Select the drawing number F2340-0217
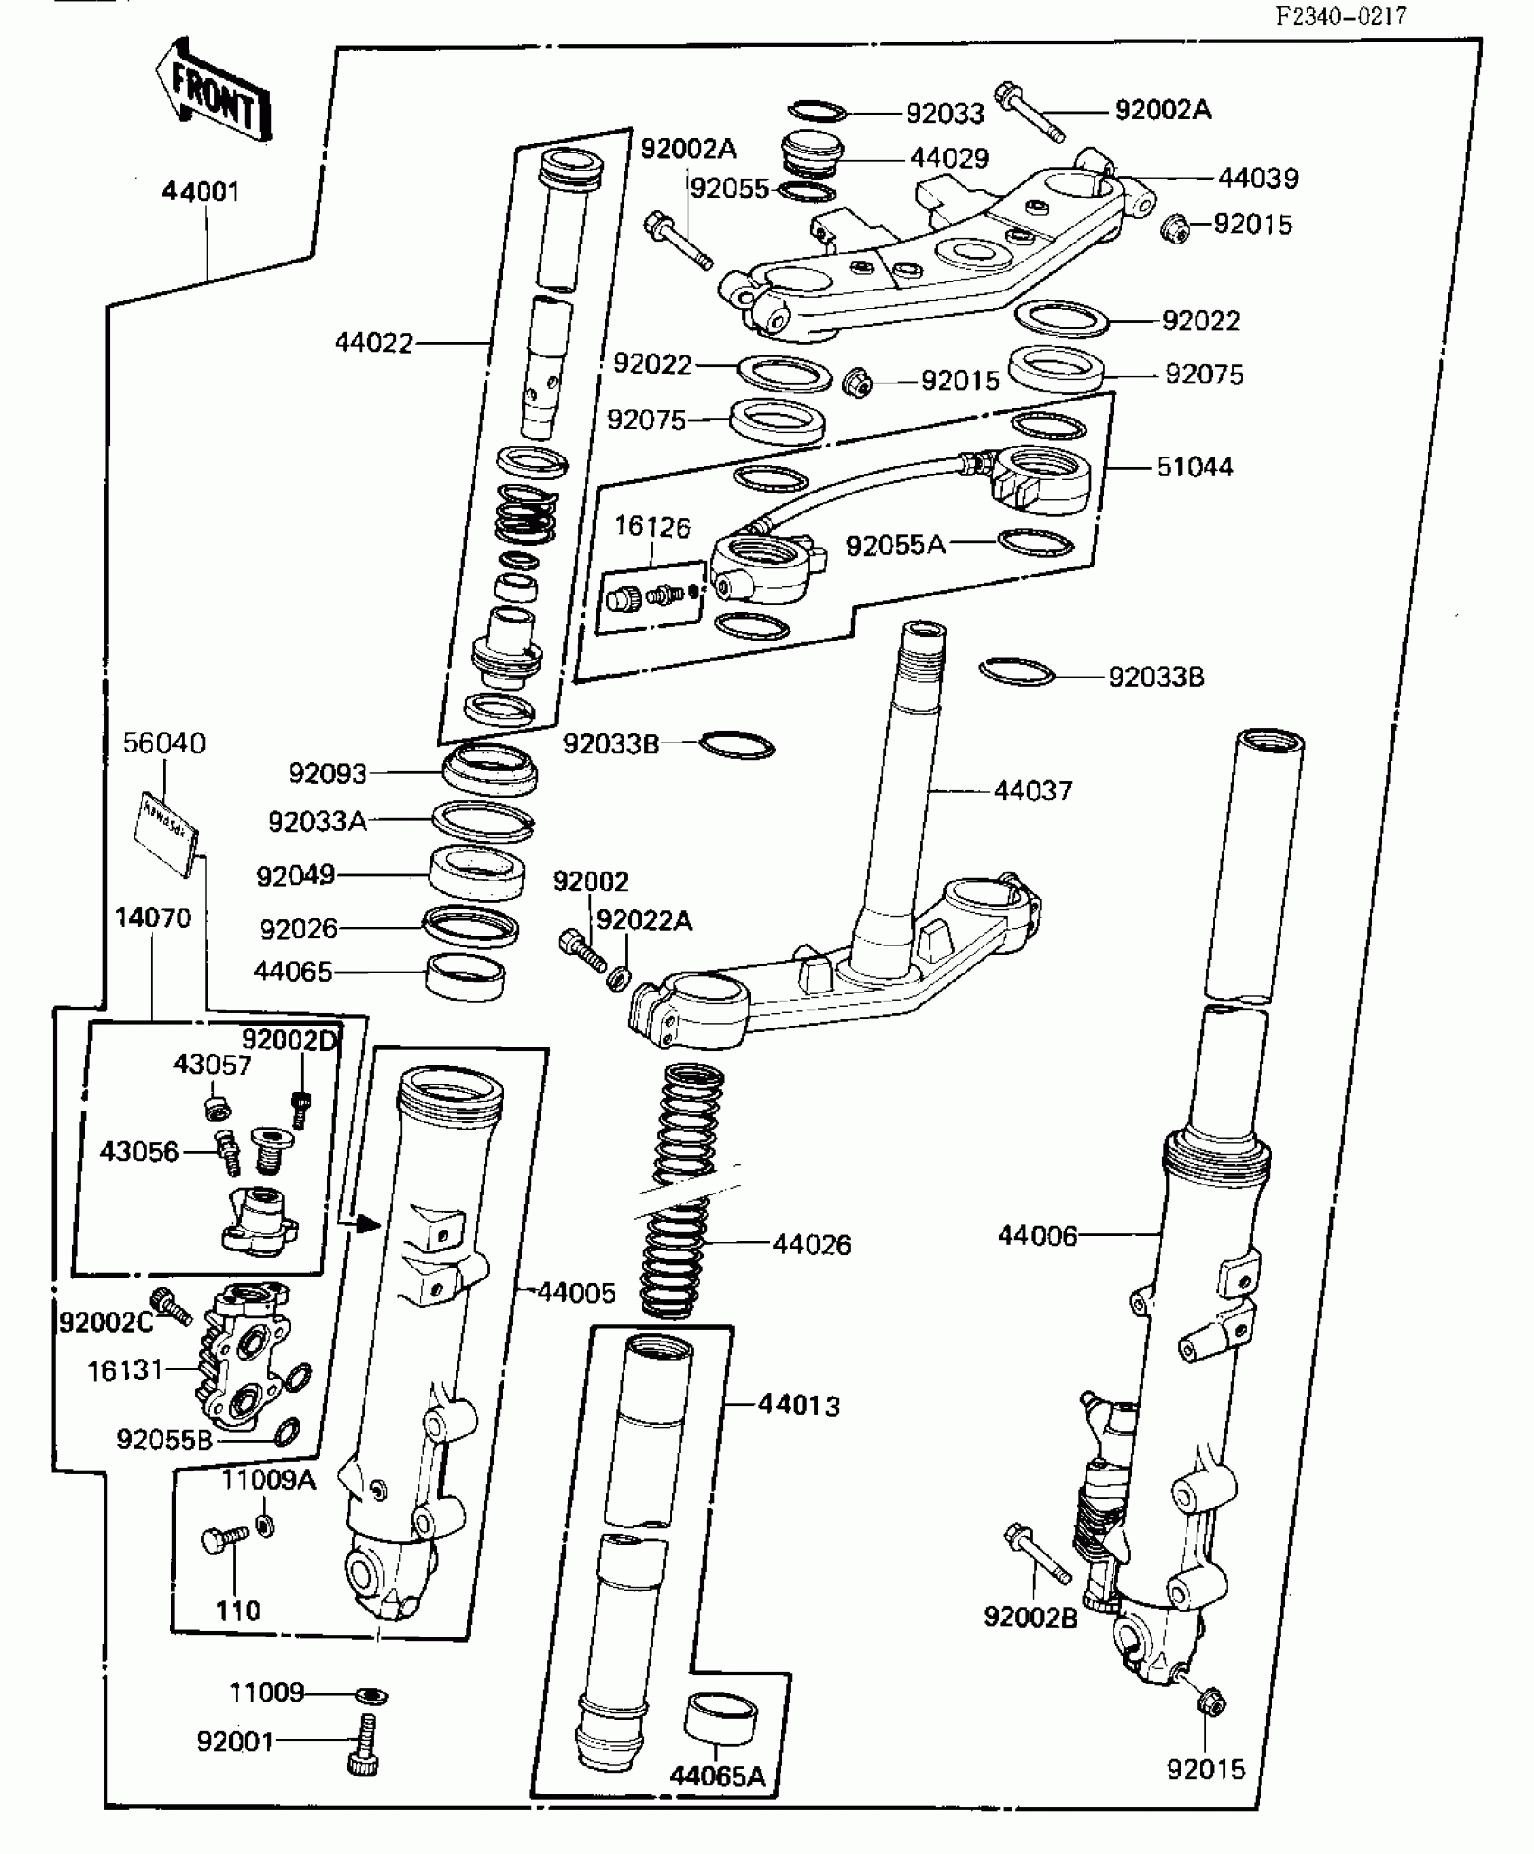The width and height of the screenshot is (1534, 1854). (1341, 16)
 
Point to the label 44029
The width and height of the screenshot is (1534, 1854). (949, 158)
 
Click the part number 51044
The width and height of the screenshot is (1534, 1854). (1194, 467)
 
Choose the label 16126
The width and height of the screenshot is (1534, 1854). (652, 527)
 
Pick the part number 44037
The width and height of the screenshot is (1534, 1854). (1033, 791)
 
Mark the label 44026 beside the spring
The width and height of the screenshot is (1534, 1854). (811, 1245)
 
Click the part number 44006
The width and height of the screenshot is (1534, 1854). (1038, 1236)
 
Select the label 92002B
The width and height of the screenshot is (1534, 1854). (1030, 1618)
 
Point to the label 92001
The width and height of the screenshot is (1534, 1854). (235, 1741)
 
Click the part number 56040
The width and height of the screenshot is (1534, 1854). (164, 743)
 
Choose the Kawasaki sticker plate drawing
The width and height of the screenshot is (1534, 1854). (166, 834)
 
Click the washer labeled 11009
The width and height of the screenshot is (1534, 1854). (372, 1696)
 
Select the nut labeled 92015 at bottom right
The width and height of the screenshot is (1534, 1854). (1212, 1703)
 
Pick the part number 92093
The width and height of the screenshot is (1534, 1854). (328, 773)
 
